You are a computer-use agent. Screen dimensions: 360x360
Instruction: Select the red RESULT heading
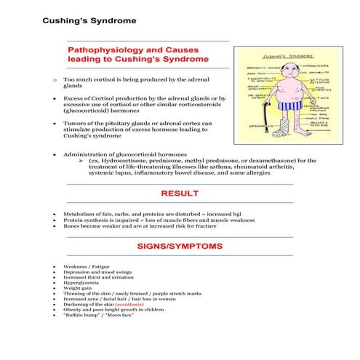180,193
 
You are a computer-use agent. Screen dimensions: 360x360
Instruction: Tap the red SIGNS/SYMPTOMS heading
180,247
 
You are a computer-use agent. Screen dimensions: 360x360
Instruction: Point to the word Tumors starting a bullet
75,124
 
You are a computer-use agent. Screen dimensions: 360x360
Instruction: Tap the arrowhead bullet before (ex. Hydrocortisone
81,160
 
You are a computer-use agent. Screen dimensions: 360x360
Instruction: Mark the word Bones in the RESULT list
71,226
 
